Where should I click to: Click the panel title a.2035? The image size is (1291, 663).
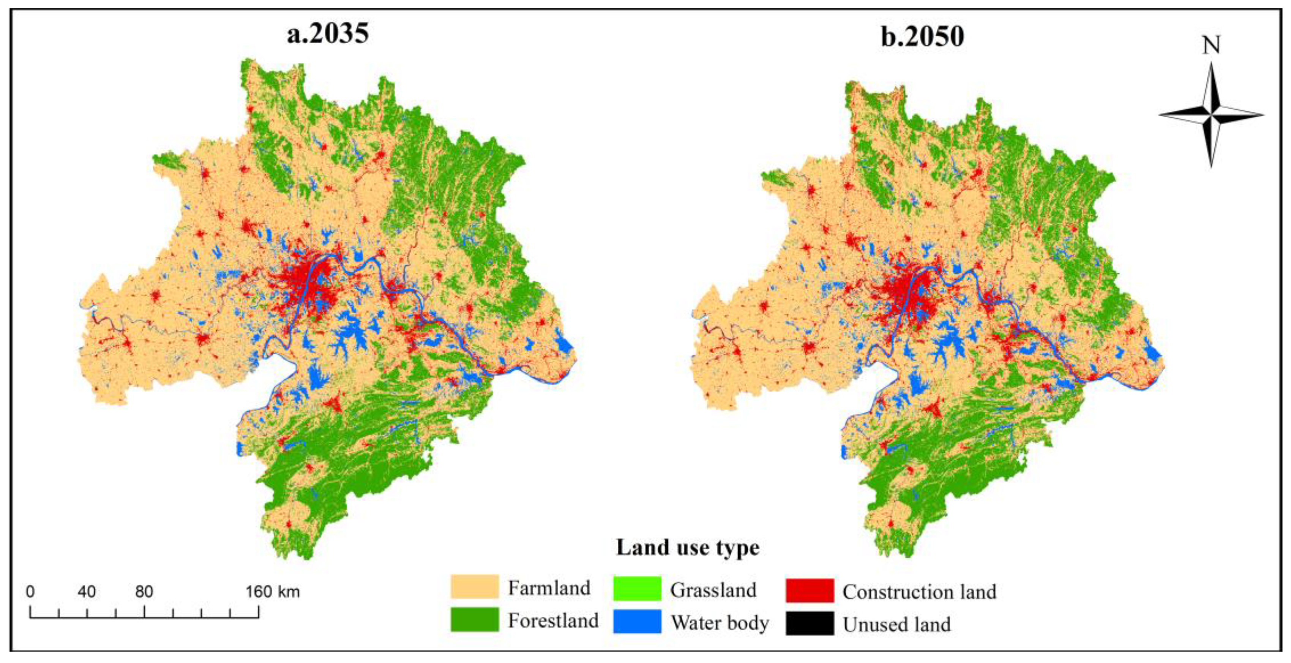click(x=328, y=34)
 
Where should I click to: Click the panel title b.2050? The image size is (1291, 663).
click(x=922, y=36)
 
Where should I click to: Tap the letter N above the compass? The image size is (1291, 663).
click(x=1211, y=46)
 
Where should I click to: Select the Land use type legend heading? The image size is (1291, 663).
click(x=688, y=547)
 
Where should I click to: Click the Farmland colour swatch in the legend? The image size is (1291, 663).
click(x=475, y=587)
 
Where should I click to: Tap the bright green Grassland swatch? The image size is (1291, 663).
click(x=637, y=589)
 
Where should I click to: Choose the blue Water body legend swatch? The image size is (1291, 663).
click(x=637, y=621)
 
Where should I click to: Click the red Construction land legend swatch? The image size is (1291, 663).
click(x=810, y=591)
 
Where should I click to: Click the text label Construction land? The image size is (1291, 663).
click(x=919, y=592)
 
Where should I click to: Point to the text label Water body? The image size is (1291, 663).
click(x=720, y=622)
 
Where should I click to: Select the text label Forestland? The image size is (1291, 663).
click(x=553, y=620)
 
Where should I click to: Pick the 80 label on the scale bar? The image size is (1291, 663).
click(x=144, y=592)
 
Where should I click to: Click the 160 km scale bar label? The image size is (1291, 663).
click(x=273, y=592)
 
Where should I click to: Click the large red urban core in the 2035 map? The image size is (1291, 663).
click(x=306, y=286)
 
